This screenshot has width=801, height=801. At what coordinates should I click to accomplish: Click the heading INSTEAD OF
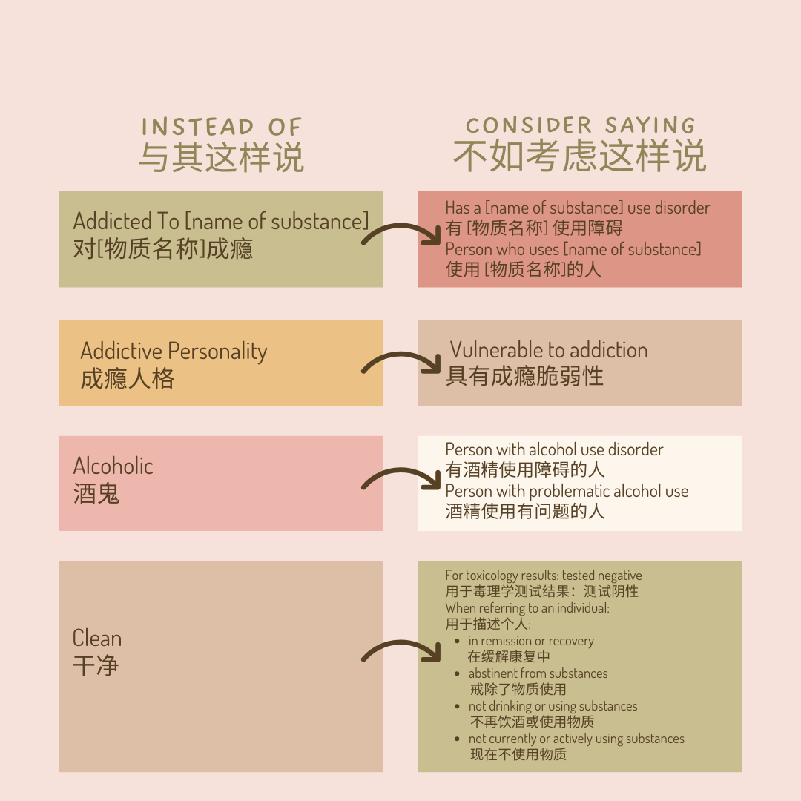click(221, 127)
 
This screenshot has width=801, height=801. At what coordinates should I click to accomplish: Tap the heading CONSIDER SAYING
click(580, 125)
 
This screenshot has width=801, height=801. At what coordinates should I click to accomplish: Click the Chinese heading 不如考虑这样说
click(580, 156)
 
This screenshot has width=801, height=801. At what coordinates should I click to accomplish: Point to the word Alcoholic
click(113, 466)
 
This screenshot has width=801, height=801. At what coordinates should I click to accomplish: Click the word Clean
click(97, 638)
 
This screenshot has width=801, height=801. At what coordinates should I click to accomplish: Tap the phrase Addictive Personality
click(174, 351)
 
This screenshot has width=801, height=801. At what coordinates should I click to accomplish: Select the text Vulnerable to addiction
click(549, 350)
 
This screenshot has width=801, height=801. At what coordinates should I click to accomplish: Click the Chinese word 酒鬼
click(96, 494)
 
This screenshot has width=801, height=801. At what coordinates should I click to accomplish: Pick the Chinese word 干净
click(96, 665)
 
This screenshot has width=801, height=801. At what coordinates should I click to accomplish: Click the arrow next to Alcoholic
click(400, 481)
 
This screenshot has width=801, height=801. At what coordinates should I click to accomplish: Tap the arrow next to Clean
click(400, 652)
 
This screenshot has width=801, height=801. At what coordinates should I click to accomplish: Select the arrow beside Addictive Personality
click(400, 364)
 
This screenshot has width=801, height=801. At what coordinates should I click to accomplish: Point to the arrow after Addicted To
click(400, 235)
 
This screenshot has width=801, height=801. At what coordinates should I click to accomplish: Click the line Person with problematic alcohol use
click(567, 491)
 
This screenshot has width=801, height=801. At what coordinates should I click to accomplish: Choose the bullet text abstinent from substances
click(538, 673)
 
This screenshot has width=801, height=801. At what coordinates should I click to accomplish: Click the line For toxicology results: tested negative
click(544, 576)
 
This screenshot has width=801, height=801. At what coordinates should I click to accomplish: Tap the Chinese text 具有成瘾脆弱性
click(524, 376)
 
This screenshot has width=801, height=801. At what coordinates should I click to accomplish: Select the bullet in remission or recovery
click(531, 641)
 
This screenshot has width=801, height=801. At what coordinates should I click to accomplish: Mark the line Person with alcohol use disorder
click(554, 449)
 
